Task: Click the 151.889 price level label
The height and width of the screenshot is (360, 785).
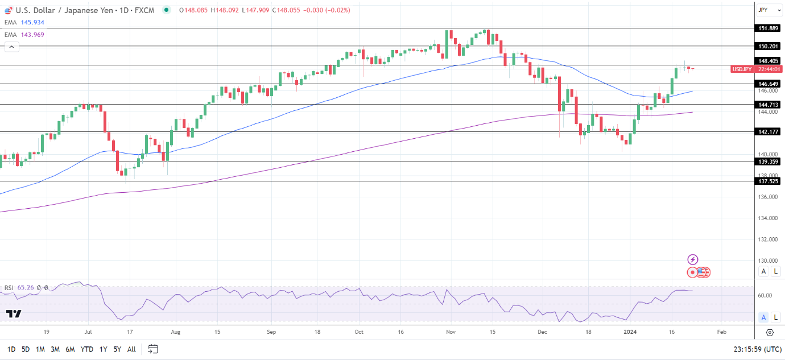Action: tap(768, 28)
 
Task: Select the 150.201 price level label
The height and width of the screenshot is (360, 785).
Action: tap(768, 46)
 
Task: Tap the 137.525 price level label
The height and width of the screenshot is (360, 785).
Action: tap(768, 181)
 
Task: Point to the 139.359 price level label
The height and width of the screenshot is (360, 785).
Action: tap(768, 162)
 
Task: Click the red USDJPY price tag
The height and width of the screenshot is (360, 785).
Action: tap(742, 69)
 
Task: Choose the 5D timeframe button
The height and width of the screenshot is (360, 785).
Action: tap(26, 349)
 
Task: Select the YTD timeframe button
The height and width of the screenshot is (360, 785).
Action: tap(87, 349)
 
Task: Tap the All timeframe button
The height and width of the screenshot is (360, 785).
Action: tap(131, 349)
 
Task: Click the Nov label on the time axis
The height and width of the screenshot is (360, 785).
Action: tap(451, 332)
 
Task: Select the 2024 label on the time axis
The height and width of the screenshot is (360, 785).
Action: tap(630, 332)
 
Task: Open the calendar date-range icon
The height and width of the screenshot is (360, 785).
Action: tap(152, 349)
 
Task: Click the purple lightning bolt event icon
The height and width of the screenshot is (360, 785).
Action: tap(692, 259)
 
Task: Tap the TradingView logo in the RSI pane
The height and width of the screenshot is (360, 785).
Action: tap(14, 314)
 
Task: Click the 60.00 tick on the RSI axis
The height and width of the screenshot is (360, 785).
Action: tap(765, 296)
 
